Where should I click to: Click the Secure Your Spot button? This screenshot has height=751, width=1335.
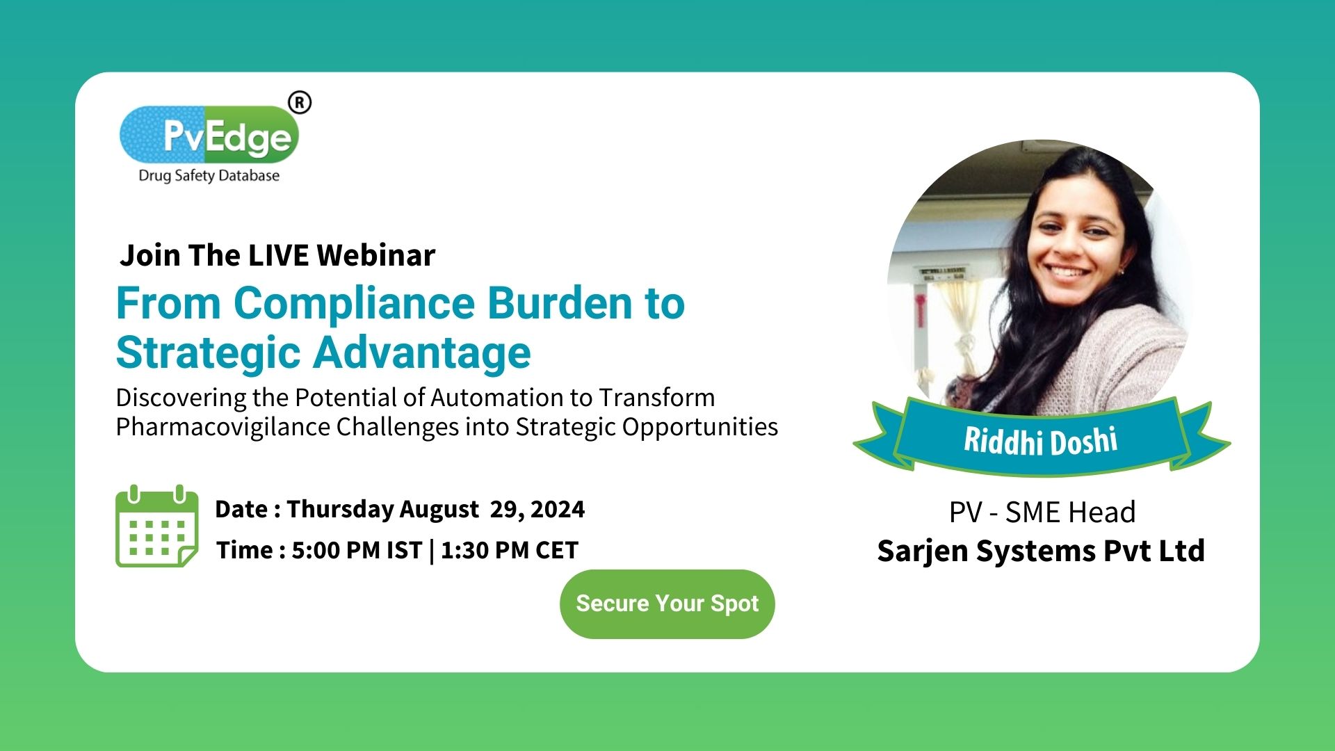click(667, 604)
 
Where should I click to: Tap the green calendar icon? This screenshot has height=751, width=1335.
click(157, 526)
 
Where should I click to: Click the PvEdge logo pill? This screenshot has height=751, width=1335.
click(209, 135)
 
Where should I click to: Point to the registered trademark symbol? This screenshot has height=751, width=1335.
click(300, 103)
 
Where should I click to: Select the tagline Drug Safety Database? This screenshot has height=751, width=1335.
click(209, 176)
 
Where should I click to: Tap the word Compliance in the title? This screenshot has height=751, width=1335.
click(355, 304)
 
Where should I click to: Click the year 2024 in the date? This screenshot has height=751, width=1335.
click(557, 509)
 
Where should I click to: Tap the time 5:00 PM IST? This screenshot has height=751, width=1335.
click(357, 550)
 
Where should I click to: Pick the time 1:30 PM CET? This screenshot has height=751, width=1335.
click(510, 550)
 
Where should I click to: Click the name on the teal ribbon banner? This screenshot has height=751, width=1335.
click(1041, 441)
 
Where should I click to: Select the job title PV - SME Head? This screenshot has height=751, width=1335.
click(1042, 512)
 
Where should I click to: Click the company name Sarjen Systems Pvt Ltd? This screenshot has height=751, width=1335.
click(1041, 551)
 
